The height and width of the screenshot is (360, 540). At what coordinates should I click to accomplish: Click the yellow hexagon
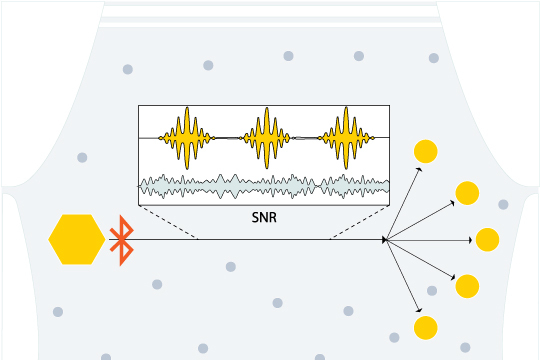tap(77, 239)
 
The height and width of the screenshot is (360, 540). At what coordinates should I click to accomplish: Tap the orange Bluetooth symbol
tap(121, 240)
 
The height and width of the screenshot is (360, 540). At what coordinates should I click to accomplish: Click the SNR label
tap(264, 217)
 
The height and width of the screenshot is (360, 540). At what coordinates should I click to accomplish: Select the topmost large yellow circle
tap(426, 151)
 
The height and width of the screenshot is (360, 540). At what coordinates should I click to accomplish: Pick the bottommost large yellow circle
tap(426, 328)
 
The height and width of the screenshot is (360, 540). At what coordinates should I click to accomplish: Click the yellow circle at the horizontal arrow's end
tap(487, 240)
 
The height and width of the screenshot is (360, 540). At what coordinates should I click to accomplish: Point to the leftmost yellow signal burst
tap(187, 138)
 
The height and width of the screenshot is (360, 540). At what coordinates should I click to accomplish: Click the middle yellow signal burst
tap(267, 138)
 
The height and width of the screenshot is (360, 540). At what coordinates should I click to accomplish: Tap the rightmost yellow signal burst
tap(346, 138)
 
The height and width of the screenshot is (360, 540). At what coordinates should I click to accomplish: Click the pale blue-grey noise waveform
tap(264, 186)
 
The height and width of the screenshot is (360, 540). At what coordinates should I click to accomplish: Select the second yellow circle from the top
tap(467, 193)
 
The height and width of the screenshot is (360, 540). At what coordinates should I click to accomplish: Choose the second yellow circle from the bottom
tap(467, 286)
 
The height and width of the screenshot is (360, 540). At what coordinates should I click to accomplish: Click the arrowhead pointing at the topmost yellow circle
tap(419, 169)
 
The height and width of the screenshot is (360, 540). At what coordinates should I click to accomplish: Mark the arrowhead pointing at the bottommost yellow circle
tap(419, 310)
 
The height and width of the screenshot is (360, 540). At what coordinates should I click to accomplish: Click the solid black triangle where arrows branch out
tap(385, 240)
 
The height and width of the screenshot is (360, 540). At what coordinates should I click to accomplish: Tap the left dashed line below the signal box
tap(168, 222)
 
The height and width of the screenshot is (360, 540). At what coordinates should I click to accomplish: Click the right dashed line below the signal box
tap(360, 222)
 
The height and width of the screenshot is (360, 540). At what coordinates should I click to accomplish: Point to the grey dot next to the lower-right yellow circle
tap(432, 291)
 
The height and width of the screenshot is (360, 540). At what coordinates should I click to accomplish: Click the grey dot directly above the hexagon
tap(82, 157)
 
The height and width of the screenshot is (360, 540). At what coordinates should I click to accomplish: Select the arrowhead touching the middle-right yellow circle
tap(470, 240)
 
